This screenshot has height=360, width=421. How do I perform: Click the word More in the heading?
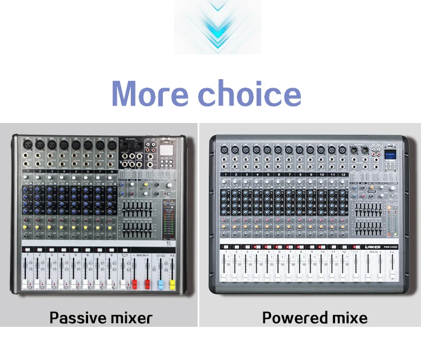pyautogui.click(x=153, y=93)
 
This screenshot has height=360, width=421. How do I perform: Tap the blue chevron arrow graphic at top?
pyautogui.click(x=218, y=27)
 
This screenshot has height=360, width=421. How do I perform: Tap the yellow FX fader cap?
pyautogui.click(x=172, y=282)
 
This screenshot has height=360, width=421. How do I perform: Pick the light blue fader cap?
pyautogui.click(x=159, y=282)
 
